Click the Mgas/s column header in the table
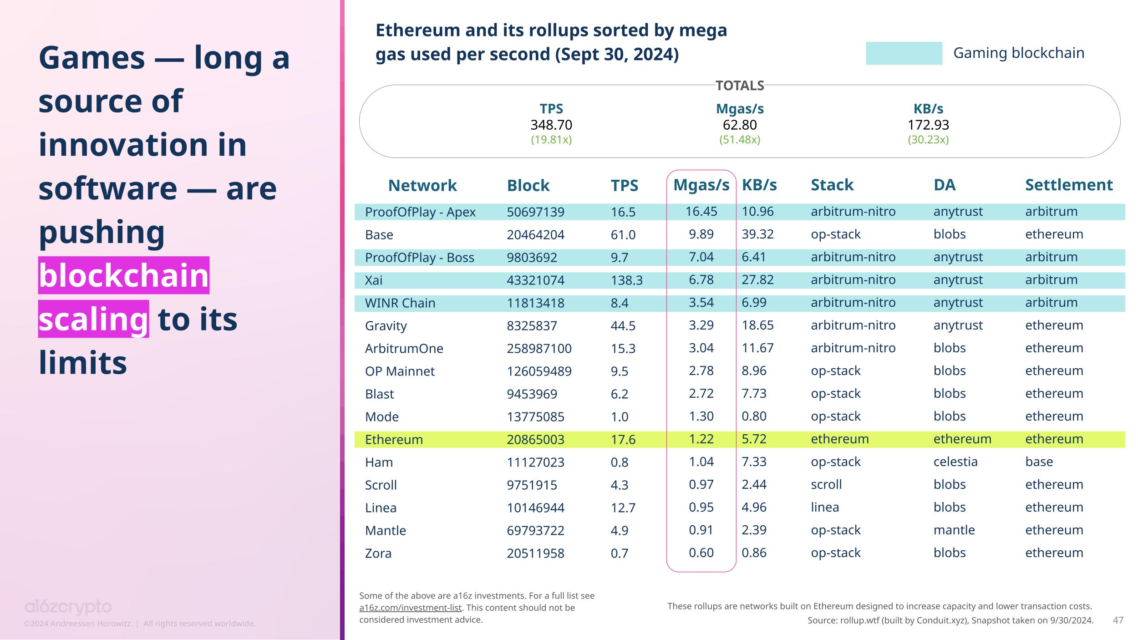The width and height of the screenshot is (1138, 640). click(x=701, y=185)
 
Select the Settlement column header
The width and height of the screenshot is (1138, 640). click(x=1068, y=185)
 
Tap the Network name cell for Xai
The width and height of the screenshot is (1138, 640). click(x=374, y=280)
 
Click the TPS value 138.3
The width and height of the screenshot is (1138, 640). click(x=626, y=280)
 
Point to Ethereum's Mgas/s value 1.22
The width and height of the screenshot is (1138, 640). click(x=701, y=439)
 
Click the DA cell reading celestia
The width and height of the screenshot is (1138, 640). click(x=955, y=462)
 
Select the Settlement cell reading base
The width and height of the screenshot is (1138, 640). click(x=1039, y=462)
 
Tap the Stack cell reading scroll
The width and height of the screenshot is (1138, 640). click(x=826, y=484)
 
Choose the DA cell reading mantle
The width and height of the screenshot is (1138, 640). click(x=954, y=530)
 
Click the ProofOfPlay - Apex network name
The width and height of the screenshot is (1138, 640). click(x=420, y=212)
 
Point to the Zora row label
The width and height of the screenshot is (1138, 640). click(x=378, y=553)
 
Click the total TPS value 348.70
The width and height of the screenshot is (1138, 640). click(x=551, y=125)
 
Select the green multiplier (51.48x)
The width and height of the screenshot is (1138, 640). click(x=739, y=140)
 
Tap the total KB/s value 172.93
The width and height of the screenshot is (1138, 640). click(x=928, y=125)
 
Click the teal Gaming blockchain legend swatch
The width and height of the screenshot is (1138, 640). click(x=904, y=53)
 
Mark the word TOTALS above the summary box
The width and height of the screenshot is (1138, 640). click(x=740, y=86)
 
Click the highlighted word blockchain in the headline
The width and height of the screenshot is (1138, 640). click(x=123, y=275)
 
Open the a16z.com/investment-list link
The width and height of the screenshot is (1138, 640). click(x=410, y=608)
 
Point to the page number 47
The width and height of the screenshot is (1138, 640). click(x=1118, y=620)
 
